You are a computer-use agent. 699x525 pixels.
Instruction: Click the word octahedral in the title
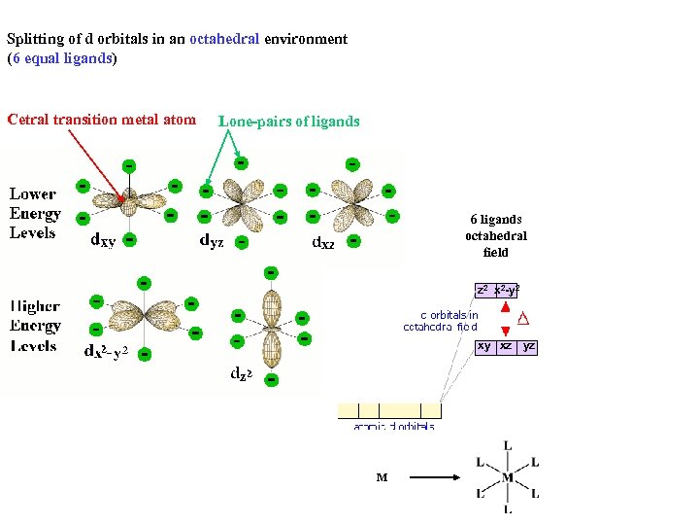224,40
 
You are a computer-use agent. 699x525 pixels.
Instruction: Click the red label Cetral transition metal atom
101,120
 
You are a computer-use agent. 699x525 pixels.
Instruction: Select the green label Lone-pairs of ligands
289,122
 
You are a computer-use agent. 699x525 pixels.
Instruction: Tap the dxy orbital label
102,240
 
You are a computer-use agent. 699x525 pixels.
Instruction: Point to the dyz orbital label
212,241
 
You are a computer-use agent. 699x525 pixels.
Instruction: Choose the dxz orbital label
322,242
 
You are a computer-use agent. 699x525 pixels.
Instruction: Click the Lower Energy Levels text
35,214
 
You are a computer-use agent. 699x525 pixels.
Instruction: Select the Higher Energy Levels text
35,326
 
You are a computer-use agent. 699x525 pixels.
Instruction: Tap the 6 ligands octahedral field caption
495,235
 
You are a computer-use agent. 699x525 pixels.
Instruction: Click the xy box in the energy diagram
483,347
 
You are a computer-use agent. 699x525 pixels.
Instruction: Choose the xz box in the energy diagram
506,347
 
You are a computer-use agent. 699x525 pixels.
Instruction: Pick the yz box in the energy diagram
528,347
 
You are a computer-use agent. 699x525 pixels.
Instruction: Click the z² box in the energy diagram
483,290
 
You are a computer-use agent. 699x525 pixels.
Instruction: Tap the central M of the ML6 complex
508,477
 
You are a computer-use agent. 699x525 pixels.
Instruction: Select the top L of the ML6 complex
508,446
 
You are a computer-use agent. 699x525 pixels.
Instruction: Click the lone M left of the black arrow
382,477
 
